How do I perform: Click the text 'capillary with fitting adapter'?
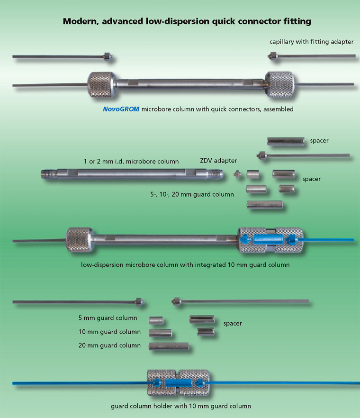click(312, 42)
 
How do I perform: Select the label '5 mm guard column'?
click(108, 318)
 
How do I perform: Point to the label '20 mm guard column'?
click(109, 345)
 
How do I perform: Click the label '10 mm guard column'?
click(109, 332)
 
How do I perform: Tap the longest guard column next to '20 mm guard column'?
click(169, 346)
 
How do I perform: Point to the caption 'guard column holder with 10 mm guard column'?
click(180, 406)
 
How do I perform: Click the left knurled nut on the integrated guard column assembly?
click(80, 239)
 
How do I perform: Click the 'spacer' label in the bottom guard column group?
click(233, 324)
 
